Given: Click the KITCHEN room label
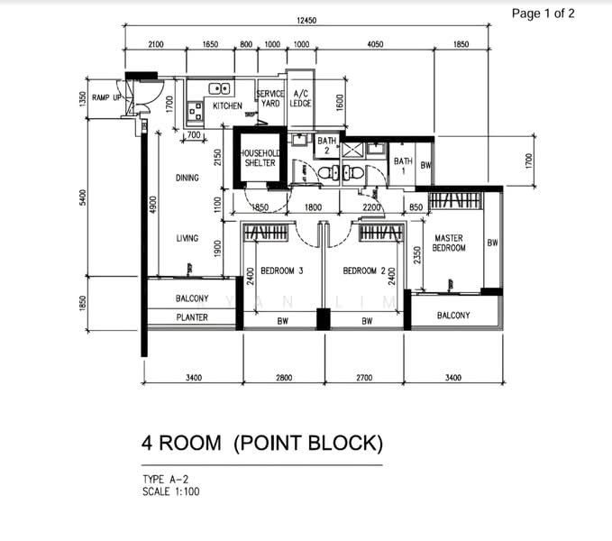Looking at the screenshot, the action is [x=227, y=105].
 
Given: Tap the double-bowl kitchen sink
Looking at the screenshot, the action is [x=219, y=88].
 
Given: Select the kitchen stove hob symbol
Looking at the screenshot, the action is [x=196, y=111].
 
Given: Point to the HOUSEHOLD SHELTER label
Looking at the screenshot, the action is [x=260, y=158].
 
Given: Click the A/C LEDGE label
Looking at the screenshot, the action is [x=300, y=98].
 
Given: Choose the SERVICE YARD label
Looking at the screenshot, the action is [x=270, y=98].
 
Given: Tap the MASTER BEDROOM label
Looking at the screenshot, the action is [x=449, y=243].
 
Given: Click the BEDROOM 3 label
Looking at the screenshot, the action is [x=282, y=270].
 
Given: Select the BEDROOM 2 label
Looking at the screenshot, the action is [x=364, y=270].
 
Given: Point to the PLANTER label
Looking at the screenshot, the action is [x=192, y=317].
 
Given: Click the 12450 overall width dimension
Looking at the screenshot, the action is [x=306, y=21].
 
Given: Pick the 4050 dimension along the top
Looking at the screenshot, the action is [x=375, y=44].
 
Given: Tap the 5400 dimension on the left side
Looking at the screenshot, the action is [x=83, y=197].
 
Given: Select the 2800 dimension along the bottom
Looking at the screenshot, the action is [x=284, y=378].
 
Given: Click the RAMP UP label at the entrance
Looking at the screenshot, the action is [x=106, y=97].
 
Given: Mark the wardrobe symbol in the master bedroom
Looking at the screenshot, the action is [x=454, y=201].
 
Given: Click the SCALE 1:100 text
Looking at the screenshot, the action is [x=171, y=491].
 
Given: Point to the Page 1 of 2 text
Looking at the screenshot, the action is [x=543, y=14].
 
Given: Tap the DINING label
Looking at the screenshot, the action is [x=187, y=178].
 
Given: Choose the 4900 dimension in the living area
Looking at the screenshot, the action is [x=153, y=205].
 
